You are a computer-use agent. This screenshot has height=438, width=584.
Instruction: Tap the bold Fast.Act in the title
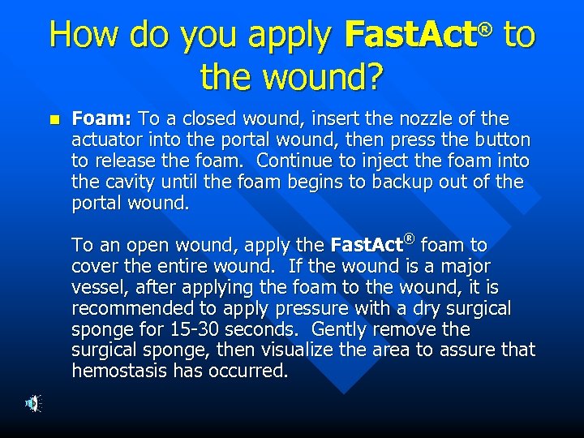click(x=410, y=36)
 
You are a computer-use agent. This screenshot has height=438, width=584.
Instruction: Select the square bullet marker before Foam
click(x=54, y=118)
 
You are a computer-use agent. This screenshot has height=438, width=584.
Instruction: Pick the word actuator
click(x=105, y=140)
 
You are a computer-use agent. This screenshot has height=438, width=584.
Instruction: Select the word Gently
click(x=341, y=329)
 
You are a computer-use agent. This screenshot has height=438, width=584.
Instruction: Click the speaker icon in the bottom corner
click(x=30, y=402)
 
